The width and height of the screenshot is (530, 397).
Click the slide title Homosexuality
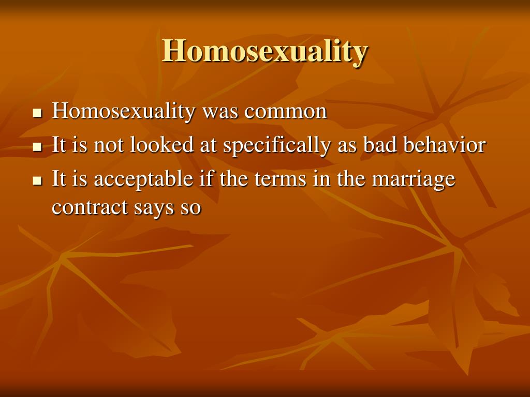click(x=264, y=51)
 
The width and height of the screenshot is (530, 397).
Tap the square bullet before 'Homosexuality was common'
click(x=37, y=113)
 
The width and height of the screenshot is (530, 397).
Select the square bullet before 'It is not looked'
click(x=37, y=147)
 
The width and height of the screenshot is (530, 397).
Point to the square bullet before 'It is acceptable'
click(x=37, y=180)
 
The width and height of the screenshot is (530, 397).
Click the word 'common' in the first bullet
click(x=286, y=112)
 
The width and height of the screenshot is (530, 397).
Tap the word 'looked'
click(x=161, y=145)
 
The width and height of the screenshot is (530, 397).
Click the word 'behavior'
click(x=445, y=145)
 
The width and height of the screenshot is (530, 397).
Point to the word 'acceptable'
click(x=143, y=179)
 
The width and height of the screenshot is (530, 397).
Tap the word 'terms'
click(x=280, y=179)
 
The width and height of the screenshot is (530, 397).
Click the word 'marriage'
click(x=414, y=179)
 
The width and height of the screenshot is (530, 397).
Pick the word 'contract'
click(x=90, y=207)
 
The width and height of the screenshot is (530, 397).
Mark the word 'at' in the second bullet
click(x=208, y=146)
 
